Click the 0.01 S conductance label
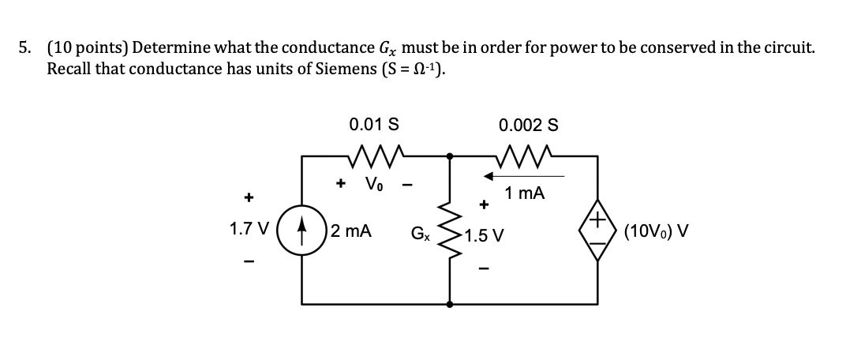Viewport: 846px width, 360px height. (x=373, y=124)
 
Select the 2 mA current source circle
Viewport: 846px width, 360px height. (x=302, y=231)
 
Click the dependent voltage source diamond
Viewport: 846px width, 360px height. (x=597, y=231)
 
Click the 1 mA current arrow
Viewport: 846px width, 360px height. (x=521, y=175)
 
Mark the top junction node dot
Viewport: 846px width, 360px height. (x=450, y=156)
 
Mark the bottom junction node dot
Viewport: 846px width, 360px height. (x=450, y=303)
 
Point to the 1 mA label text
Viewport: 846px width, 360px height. (x=526, y=193)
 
